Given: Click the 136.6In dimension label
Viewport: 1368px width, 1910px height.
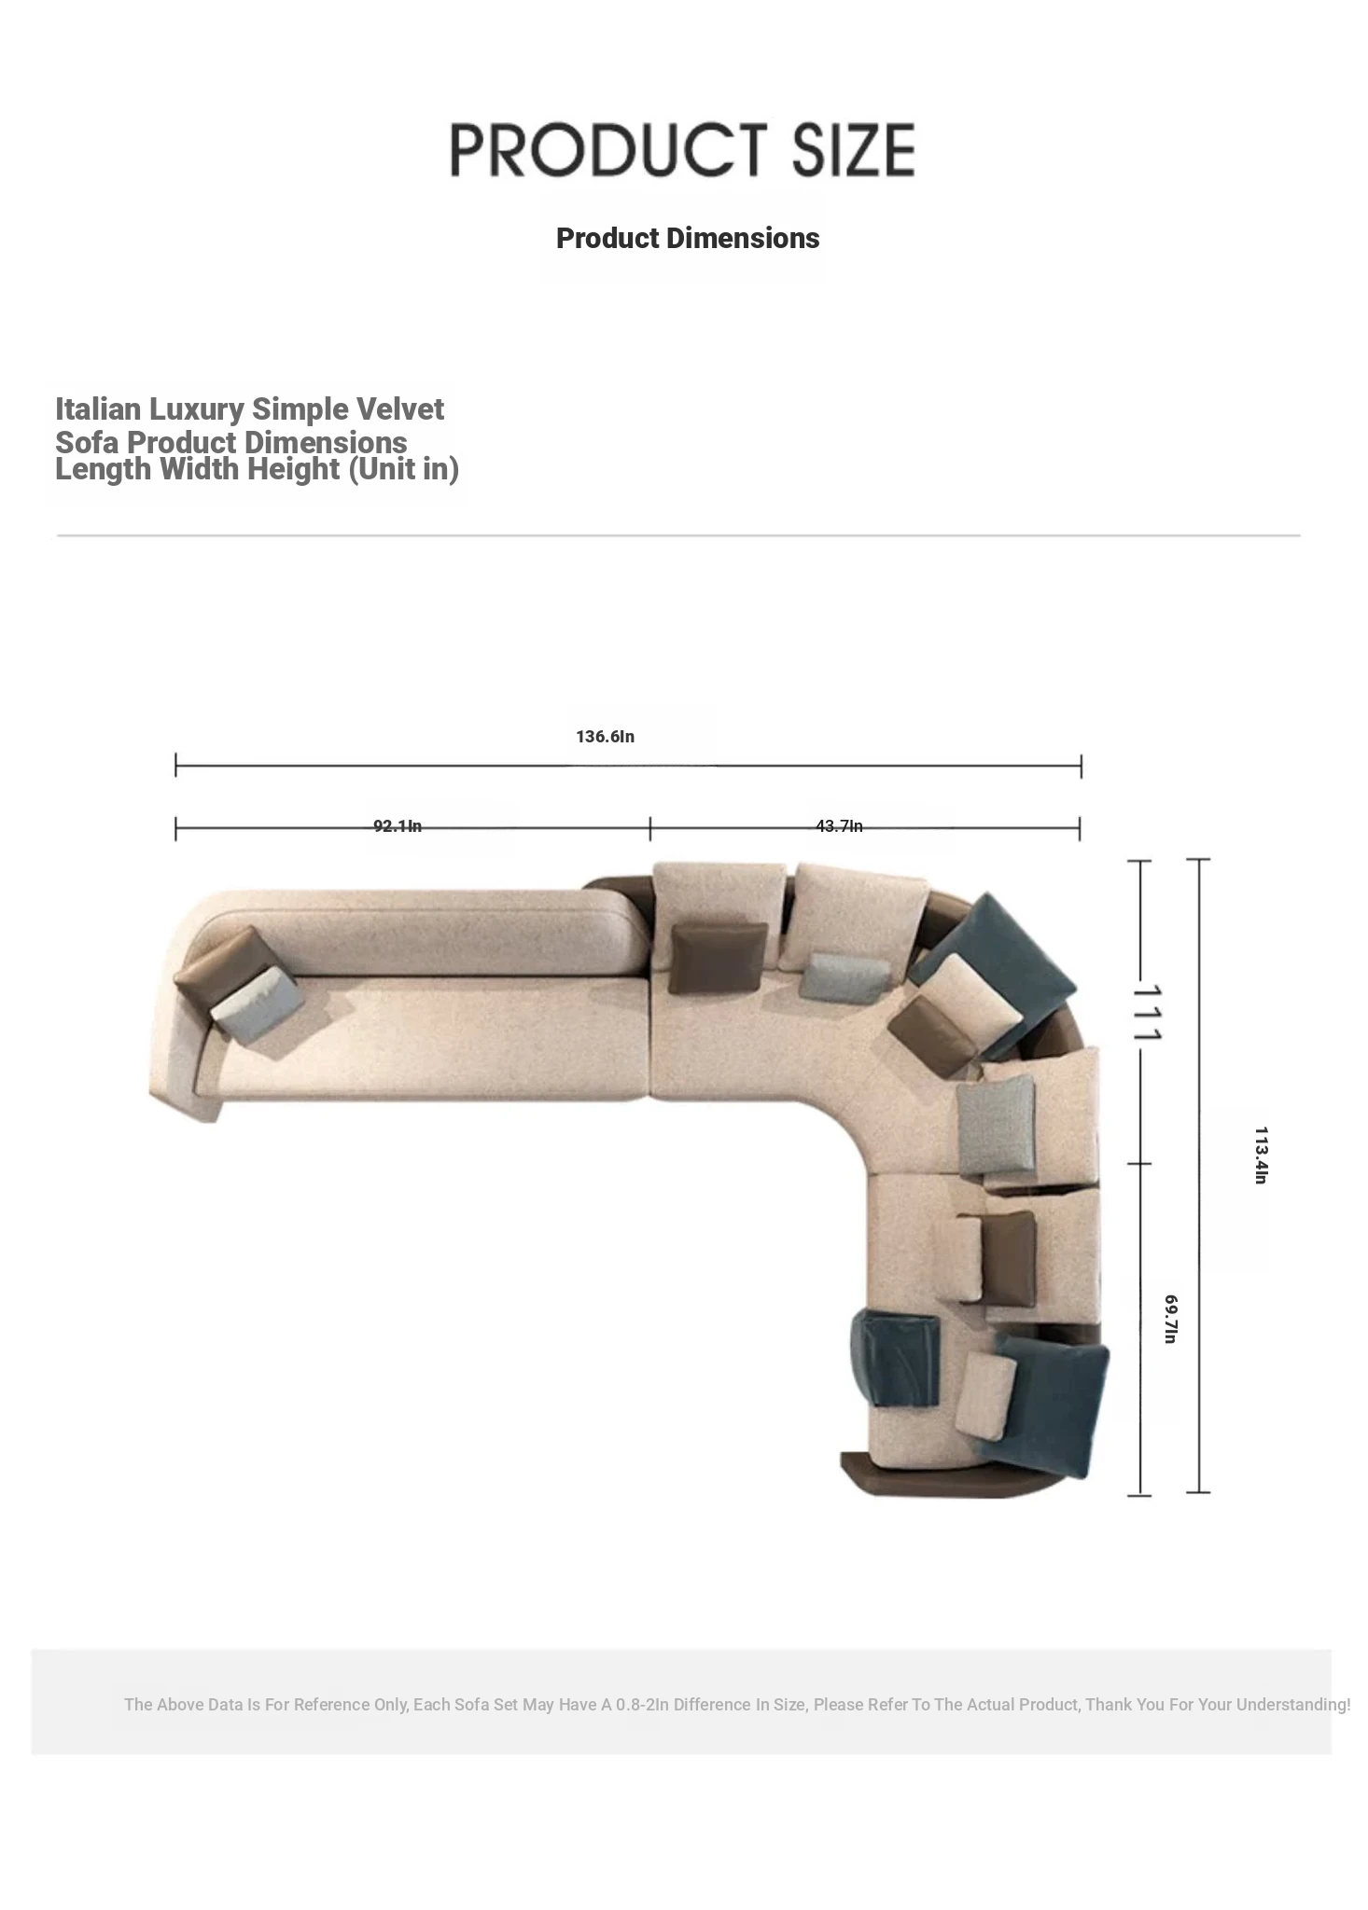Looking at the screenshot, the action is point(605,737).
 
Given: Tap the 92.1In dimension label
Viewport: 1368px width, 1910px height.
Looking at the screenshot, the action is point(398,826).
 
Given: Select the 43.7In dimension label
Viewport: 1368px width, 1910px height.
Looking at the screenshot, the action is point(839,826).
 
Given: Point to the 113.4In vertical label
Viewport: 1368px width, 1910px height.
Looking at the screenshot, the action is point(1261,1156).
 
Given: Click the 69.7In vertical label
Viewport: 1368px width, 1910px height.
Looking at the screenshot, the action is point(1171,1319).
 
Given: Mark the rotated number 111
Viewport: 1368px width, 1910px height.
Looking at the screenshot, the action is point(1148,1012).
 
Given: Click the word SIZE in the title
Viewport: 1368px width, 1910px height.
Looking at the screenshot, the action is point(853,150).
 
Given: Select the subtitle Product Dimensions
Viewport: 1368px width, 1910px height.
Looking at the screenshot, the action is point(688,239).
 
